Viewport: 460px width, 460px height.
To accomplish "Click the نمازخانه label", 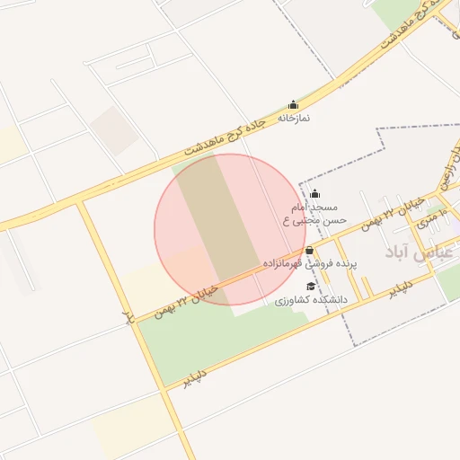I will tap(293, 118).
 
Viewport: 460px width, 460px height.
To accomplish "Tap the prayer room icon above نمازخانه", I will tap(293, 105).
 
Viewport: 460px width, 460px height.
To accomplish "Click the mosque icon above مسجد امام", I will tap(314, 194).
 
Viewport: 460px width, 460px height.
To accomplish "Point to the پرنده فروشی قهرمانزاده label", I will tap(311, 265).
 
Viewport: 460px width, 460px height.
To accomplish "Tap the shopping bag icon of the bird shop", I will tap(310, 250).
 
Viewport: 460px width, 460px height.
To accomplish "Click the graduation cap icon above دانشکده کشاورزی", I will tap(312, 286).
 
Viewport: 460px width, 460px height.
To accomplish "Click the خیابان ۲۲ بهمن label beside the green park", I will tap(186, 299).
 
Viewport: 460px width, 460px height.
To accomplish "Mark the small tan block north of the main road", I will tap(113, 130).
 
